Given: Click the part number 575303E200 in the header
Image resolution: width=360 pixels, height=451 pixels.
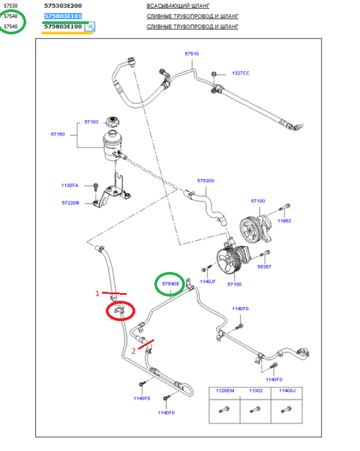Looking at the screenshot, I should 63,5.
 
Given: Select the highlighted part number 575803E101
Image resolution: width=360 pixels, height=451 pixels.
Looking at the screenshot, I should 63,16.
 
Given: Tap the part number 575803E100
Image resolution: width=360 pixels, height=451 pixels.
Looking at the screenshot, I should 63,27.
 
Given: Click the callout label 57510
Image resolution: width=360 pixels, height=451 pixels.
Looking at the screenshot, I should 191,54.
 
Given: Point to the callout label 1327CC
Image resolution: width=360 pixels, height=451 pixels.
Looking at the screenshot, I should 241,73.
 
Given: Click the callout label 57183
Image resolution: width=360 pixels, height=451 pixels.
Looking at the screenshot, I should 91,122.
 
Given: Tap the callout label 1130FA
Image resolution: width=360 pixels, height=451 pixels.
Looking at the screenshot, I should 70,186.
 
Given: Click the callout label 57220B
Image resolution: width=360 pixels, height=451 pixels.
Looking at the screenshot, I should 70,203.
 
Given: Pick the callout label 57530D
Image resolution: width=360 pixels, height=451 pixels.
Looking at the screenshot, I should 206,180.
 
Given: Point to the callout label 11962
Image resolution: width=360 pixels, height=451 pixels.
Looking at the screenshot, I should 284,220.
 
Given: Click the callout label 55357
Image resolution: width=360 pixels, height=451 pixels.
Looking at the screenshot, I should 265,267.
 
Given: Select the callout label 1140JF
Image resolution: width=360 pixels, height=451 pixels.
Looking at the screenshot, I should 208,281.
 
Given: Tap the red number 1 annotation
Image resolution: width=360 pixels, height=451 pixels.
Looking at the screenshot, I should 97,294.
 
